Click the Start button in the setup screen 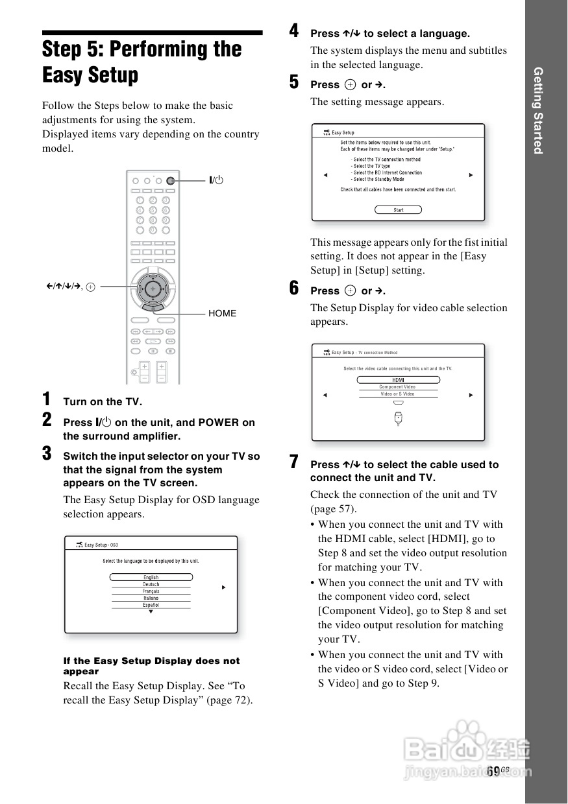399,210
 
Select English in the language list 151,577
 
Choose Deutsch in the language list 151,584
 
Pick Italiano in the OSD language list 151,598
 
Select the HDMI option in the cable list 398,380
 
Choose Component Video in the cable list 398,387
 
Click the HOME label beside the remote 222,313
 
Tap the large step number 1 46,399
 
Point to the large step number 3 47,453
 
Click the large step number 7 295,462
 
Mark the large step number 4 294,30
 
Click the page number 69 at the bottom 493,770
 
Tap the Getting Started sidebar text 538,110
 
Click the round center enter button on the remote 152,287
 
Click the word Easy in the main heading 63,75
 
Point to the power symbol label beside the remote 216,180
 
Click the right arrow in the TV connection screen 471,395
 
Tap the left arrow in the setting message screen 326,175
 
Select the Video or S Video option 398,394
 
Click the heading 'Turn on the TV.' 102,401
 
